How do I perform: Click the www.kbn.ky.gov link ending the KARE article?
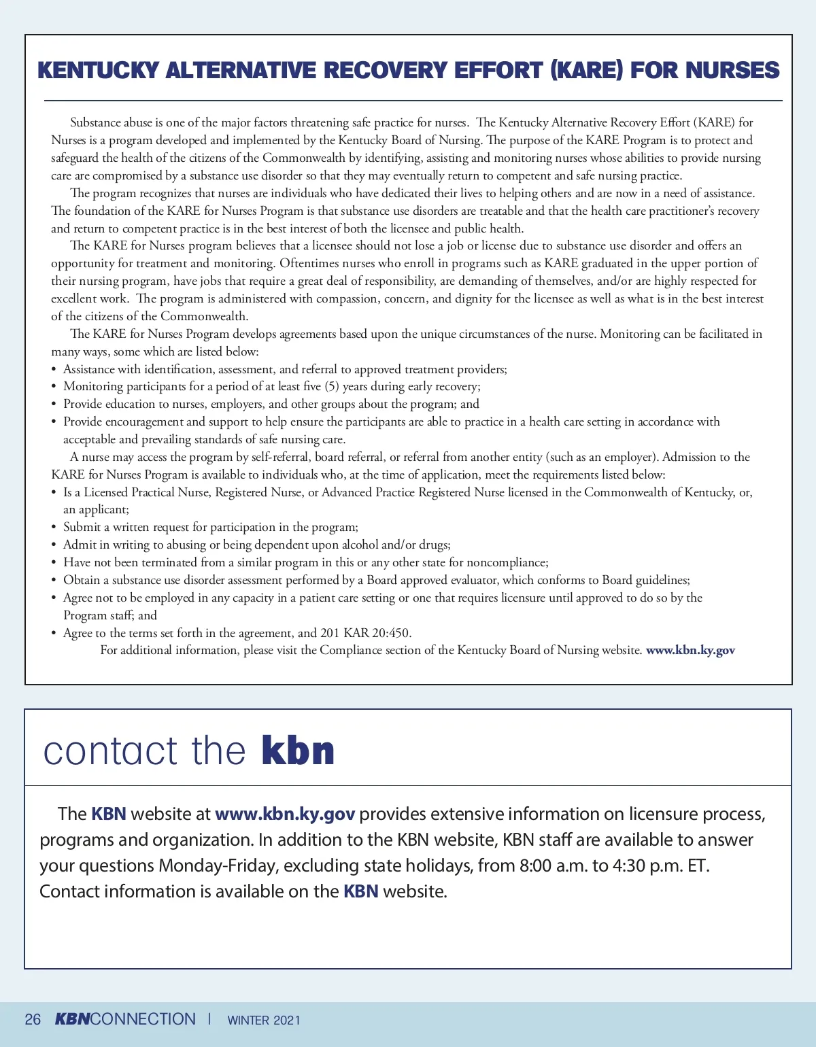coord(690,651)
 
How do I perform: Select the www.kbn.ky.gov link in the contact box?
coord(285,814)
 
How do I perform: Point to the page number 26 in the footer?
coord(33,1020)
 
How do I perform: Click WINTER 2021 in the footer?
coord(264,1020)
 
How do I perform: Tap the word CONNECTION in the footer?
coord(143,1020)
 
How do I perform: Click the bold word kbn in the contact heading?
coord(298,751)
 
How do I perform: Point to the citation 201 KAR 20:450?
coord(365,633)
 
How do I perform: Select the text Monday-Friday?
coord(218,866)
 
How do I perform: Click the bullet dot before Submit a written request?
coord(54,528)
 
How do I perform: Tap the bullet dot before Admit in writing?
coord(54,545)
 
